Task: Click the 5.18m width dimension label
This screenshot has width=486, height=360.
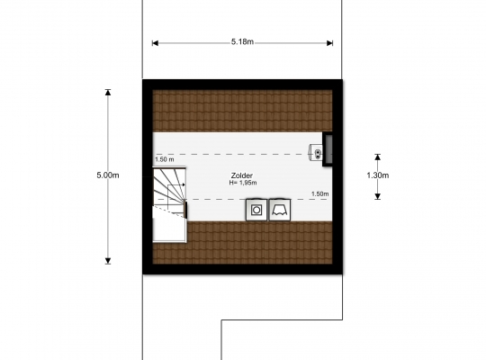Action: click(242, 41)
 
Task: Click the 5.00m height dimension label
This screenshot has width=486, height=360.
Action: click(108, 175)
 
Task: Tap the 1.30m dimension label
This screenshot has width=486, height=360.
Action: click(377, 175)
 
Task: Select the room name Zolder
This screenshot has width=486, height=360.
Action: click(242, 175)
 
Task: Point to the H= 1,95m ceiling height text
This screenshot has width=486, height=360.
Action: click(243, 183)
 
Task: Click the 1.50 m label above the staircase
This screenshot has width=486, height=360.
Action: click(165, 159)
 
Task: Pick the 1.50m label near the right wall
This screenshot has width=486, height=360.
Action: click(320, 193)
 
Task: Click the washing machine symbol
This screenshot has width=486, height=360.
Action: click(256, 210)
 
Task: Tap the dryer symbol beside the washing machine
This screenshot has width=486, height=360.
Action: click(280, 210)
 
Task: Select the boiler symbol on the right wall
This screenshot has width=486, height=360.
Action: click(316, 152)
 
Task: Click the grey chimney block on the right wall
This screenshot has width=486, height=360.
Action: click(328, 149)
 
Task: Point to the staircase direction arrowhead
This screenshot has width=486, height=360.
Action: click(184, 184)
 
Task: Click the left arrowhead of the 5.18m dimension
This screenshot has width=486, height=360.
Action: click(155, 43)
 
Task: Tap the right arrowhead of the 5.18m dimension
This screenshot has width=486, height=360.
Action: click(330, 43)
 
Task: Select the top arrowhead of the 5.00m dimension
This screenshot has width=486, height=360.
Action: click(108, 92)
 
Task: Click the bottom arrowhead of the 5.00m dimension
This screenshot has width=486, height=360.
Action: click(108, 261)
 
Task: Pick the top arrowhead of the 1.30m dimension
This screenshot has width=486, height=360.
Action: click(377, 157)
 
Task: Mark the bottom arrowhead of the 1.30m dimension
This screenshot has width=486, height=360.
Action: click(377, 196)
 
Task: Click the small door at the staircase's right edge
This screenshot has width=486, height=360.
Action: click(185, 210)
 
